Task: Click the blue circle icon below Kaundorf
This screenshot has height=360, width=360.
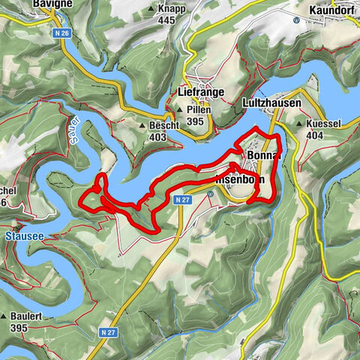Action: tap(295, 20)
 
